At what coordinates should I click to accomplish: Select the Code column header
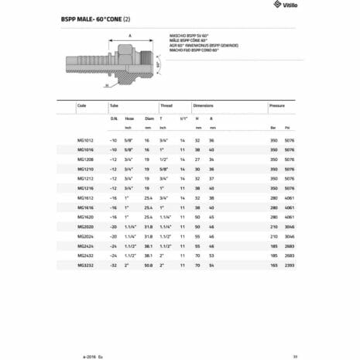click(x=82, y=104)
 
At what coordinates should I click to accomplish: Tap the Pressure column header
click(x=277, y=104)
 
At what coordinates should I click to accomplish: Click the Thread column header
click(x=166, y=104)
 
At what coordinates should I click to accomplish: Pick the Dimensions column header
click(x=203, y=104)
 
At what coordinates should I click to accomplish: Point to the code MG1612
click(x=85, y=197)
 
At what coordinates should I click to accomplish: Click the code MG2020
click(x=85, y=226)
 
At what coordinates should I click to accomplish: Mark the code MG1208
click(x=85, y=159)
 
